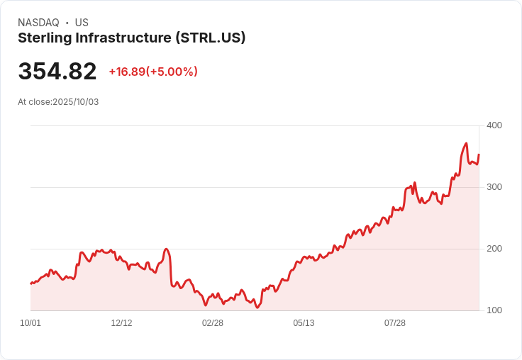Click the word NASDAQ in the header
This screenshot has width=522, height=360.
[x=38, y=23]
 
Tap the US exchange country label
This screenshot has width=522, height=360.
[x=82, y=23]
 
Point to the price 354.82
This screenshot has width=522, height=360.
[x=57, y=72]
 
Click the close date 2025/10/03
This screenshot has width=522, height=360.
[x=76, y=102]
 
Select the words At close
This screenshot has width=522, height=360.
[x=34, y=102]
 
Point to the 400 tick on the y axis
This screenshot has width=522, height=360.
[x=494, y=125]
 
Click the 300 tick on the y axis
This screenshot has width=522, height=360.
[x=494, y=187]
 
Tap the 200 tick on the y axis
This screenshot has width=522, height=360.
[x=494, y=249]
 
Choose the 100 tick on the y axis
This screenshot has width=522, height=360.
[x=494, y=310]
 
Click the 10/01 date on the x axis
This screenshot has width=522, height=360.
[x=30, y=323]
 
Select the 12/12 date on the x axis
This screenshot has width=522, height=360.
[x=121, y=323]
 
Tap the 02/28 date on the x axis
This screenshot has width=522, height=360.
[x=213, y=323]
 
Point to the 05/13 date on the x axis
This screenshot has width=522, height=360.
[x=304, y=323]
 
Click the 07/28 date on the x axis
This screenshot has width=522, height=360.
[x=395, y=323]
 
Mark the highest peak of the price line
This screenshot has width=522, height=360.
[x=466, y=144]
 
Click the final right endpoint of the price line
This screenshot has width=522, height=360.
[x=479, y=154]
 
